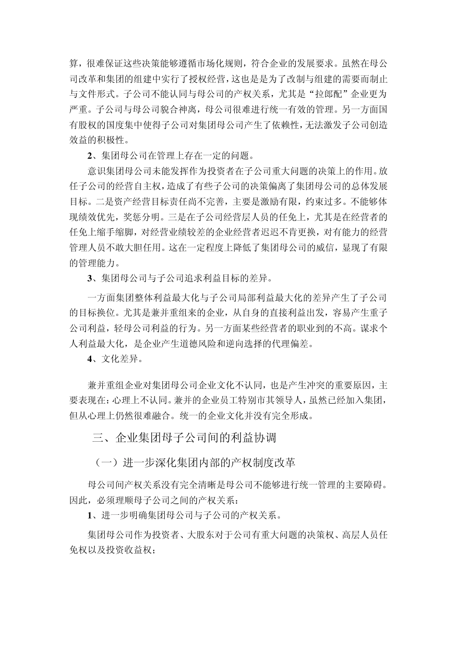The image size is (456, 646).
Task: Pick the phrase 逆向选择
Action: coord(253,344)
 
